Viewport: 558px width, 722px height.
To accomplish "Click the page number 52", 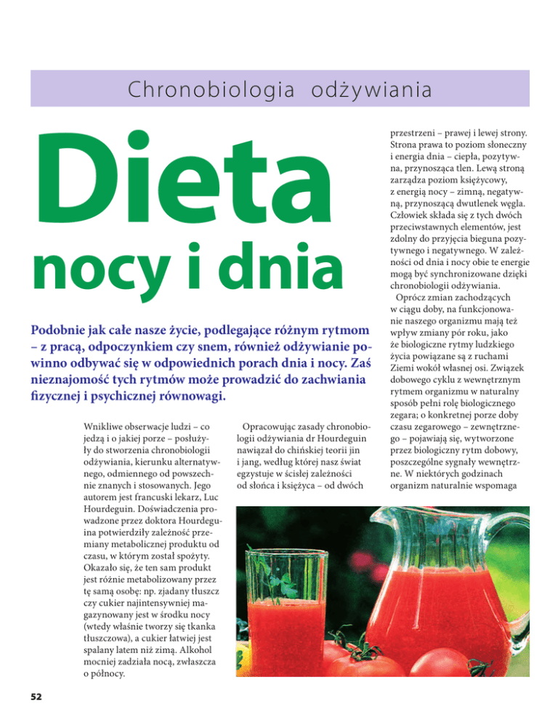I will point(35,696).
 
